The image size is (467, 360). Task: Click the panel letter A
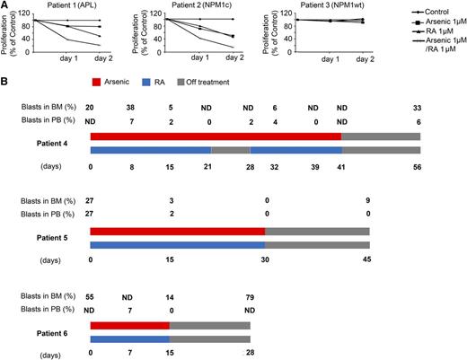click(x=4, y=6)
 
